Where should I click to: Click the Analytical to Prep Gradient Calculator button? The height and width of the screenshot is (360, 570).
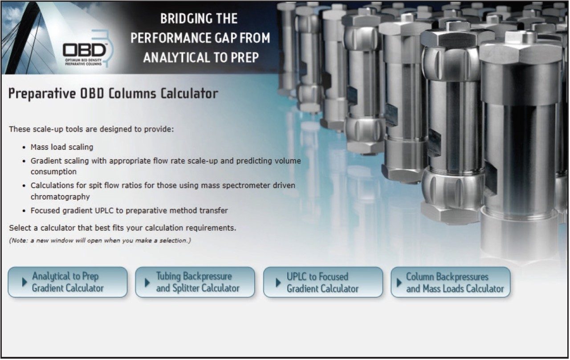pyautogui.click(x=68, y=282)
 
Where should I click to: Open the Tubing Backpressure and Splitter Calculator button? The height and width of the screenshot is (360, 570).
pyautogui.click(x=195, y=282)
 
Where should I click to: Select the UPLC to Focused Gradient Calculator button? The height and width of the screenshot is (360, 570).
pyautogui.click(x=323, y=282)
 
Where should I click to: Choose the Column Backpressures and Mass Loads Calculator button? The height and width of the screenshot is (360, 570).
pyautogui.click(x=451, y=282)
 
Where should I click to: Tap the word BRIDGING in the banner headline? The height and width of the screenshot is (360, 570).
pyautogui.click(x=183, y=19)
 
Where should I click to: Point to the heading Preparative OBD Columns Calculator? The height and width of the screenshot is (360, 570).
pyautogui.click(x=113, y=94)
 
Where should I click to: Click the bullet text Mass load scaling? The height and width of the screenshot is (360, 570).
pyautogui.click(x=62, y=147)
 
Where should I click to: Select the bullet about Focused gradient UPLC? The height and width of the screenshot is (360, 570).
pyautogui.click(x=129, y=210)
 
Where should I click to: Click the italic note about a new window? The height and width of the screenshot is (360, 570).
pyautogui.click(x=100, y=241)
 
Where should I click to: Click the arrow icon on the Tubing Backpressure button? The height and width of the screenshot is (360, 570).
pyautogui.click(x=147, y=282)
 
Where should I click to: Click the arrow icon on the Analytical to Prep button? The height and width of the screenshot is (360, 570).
pyautogui.click(x=24, y=282)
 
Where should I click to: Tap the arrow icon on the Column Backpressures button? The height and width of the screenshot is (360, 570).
pyautogui.click(x=399, y=282)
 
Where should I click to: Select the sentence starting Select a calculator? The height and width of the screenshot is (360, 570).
pyautogui.click(x=122, y=228)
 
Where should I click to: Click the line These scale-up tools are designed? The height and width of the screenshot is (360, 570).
pyautogui.click(x=91, y=130)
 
